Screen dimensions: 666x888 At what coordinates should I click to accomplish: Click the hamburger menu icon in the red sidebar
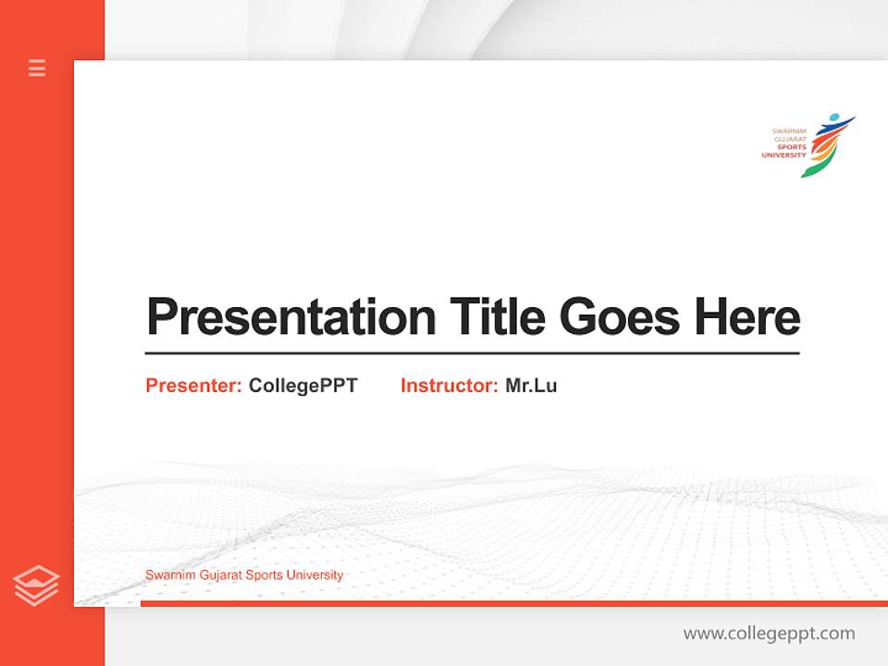pos(37,68)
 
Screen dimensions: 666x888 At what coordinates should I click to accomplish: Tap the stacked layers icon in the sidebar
pos(36,586)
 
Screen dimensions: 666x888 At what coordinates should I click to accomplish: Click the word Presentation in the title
pos(290,317)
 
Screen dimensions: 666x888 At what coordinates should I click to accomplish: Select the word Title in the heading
pos(498,317)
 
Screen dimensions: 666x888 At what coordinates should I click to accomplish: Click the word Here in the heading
pos(747,317)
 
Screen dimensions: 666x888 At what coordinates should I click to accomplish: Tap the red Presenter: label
pos(194,386)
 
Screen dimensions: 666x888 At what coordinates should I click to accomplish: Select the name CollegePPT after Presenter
pos(302,386)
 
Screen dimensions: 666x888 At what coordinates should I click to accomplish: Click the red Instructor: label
pos(450,386)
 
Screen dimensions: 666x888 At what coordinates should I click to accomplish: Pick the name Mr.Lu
pos(531,386)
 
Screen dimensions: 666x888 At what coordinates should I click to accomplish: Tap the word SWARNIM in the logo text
pos(789,131)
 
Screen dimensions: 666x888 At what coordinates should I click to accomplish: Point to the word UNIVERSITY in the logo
pos(783,155)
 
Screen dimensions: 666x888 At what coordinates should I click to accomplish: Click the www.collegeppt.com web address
pos(769,634)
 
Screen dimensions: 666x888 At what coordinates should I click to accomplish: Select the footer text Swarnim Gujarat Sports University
pos(244,575)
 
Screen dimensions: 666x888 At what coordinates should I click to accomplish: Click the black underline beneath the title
pos(472,352)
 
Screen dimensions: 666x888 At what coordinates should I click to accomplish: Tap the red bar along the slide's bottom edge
pos(513,603)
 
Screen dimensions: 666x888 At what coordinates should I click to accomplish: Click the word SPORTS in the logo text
pos(791,147)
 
